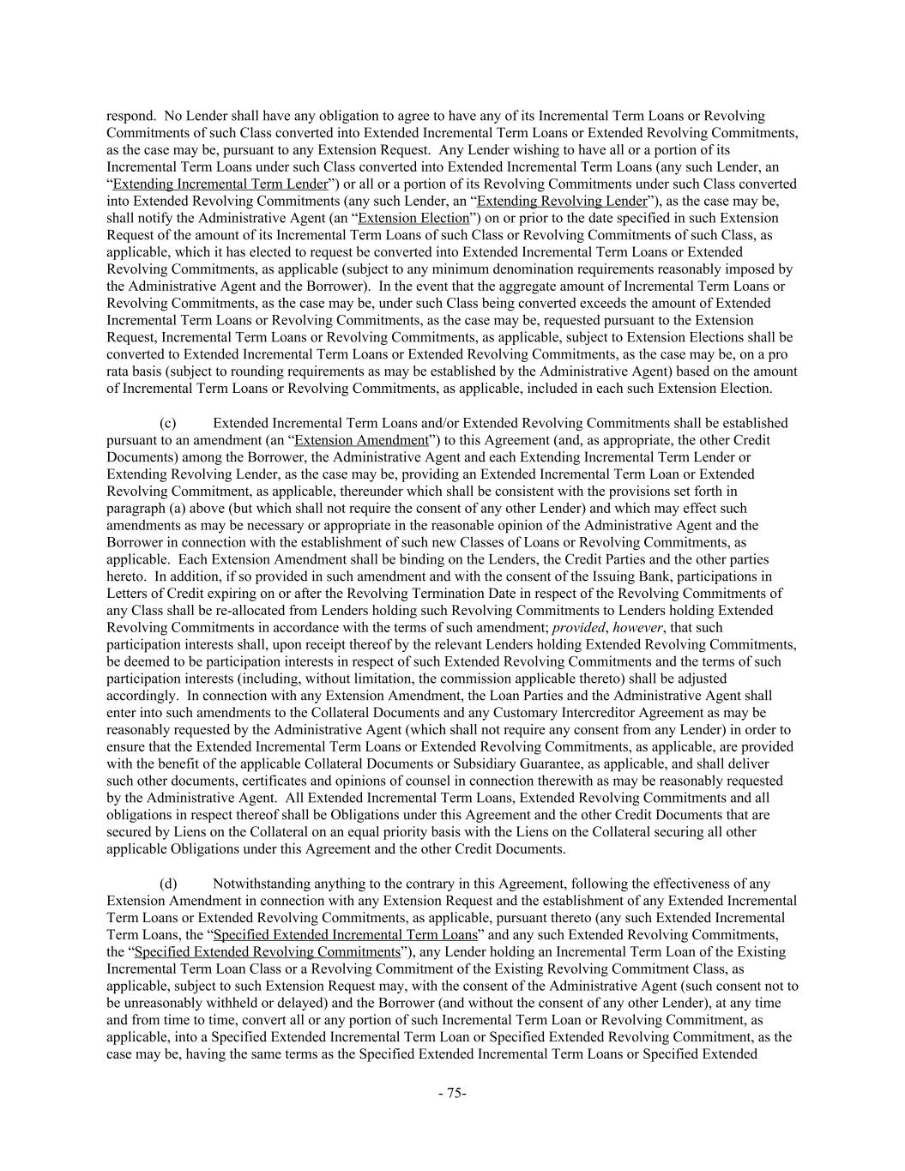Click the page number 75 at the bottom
click(452, 1093)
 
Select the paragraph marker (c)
click(168, 423)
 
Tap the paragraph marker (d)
click(168, 884)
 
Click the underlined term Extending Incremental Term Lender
click(220, 184)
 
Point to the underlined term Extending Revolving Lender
click(562, 202)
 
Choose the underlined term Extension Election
click(413, 219)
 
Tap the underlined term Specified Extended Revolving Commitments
click(268, 952)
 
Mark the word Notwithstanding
click(263, 884)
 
